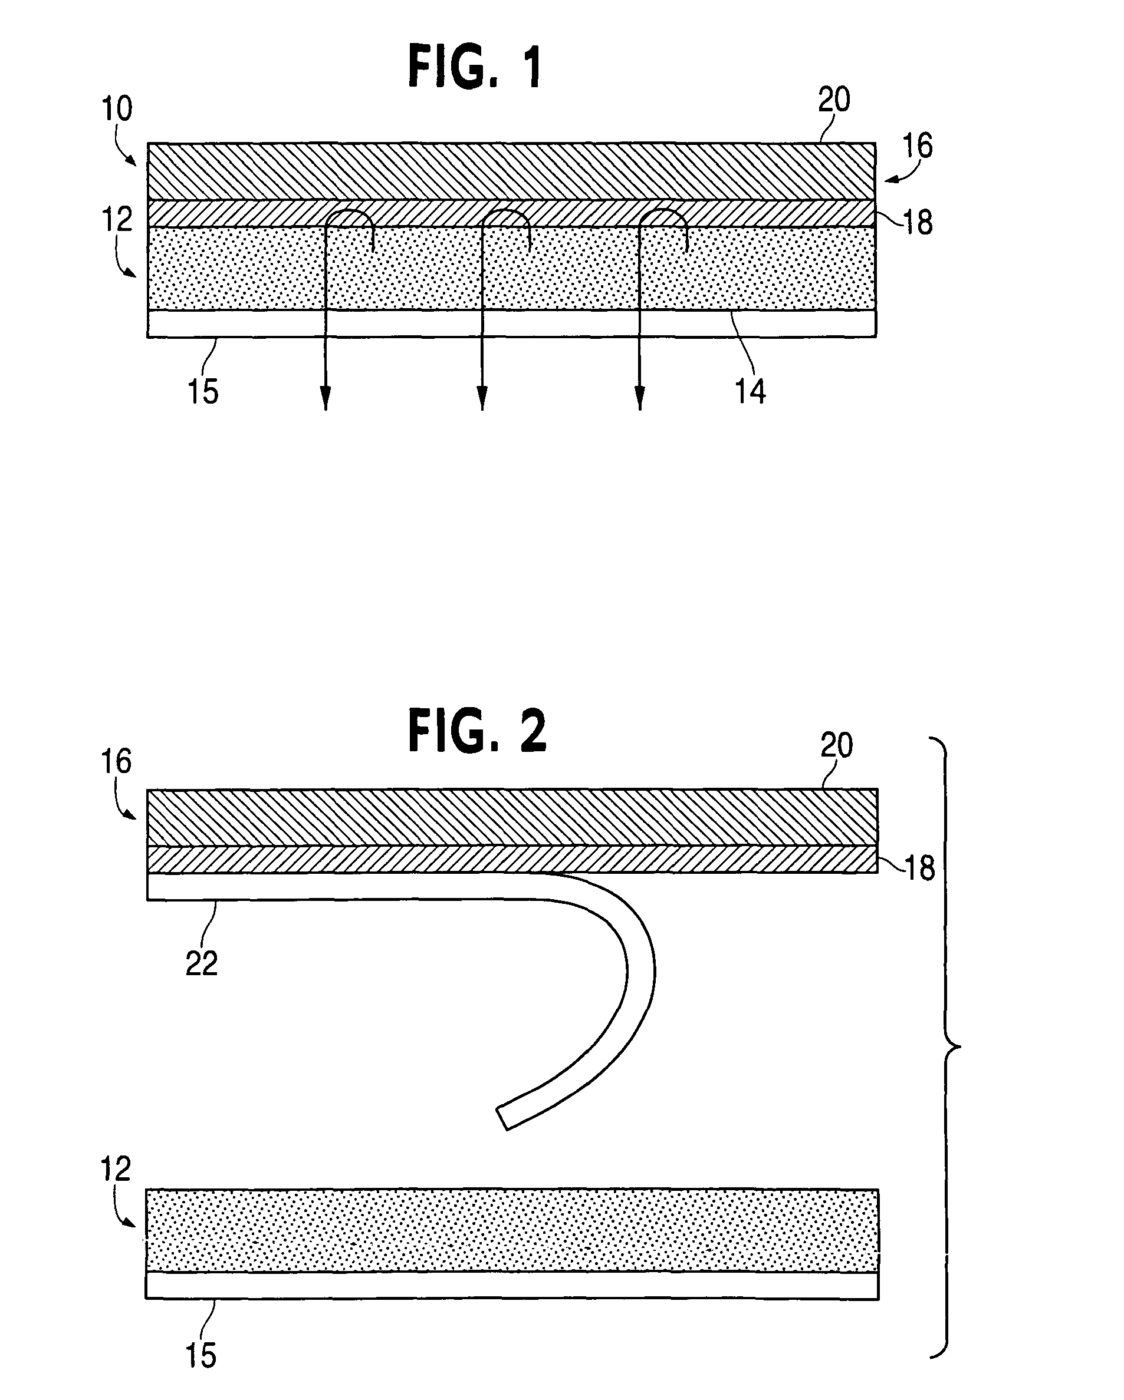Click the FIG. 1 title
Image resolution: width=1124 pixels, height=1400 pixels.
tap(475, 68)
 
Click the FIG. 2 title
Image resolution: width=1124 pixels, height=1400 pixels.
tap(478, 731)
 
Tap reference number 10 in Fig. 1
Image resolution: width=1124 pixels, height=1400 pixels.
tap(117, 108)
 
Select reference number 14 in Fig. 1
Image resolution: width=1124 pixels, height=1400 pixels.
tap(751, 392)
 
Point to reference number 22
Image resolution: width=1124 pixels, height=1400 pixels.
tap(202, 965)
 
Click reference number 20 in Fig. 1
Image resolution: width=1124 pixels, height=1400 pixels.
tap(834, 100)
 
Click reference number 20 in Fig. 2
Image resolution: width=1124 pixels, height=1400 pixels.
tap(836, 745)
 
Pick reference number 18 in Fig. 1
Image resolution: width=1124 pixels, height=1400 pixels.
tap(918, 223)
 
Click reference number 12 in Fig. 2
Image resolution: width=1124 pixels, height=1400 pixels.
tap(116, 1169)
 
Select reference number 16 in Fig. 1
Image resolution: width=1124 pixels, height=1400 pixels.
tap(918, 146)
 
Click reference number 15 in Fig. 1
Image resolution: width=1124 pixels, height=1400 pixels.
tap(203, 392)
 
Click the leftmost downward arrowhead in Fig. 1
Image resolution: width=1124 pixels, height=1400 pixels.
tap(326, 398)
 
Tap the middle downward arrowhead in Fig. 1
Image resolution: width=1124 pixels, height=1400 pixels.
tap(482, 398)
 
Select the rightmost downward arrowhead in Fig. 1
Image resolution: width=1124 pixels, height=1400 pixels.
tap(640, 398)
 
